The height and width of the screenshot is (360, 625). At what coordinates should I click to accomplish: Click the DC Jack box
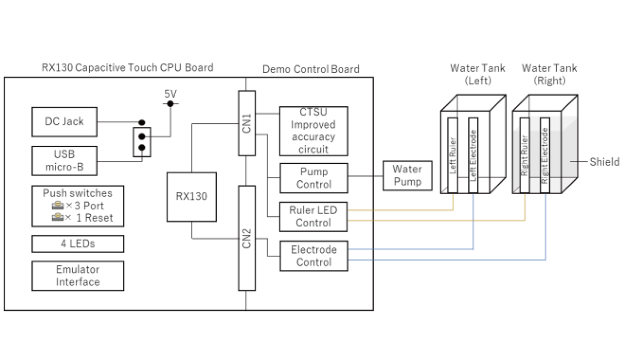tap(64, 121)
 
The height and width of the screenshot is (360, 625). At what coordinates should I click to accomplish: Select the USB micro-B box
tap(64, 160)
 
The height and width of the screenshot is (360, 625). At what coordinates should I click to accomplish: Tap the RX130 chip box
tap(192, 197)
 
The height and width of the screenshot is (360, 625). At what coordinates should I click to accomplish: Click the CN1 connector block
tap(247, 122)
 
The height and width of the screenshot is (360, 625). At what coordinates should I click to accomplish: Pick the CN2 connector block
tap(247, 238)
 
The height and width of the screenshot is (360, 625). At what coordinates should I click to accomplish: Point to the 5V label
tap(170, 94)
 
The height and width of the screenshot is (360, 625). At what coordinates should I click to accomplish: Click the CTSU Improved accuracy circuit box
tap(313, 131)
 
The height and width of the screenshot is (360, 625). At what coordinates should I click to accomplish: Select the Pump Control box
tap(313, 178)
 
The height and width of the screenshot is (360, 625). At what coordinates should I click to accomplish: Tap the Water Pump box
tap(407, 175)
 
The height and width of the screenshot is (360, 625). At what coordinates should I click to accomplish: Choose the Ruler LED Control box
tap(313, 217)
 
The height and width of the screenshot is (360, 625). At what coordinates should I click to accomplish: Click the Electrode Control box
tap(313, 256)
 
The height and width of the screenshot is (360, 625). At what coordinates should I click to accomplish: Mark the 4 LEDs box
tap(78, 244)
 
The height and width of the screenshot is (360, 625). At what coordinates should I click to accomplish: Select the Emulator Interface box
tap(78, 275)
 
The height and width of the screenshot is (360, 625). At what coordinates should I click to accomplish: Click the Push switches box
tap(78, 206)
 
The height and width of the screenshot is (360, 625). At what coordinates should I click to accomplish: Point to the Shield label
tap(604, 162)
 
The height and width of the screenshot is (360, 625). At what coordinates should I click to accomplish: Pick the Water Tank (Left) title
tap(470, 74)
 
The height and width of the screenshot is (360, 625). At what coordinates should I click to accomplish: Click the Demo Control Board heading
tap(311, 69)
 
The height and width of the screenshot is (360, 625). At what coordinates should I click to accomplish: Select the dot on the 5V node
tap(170, 104)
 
